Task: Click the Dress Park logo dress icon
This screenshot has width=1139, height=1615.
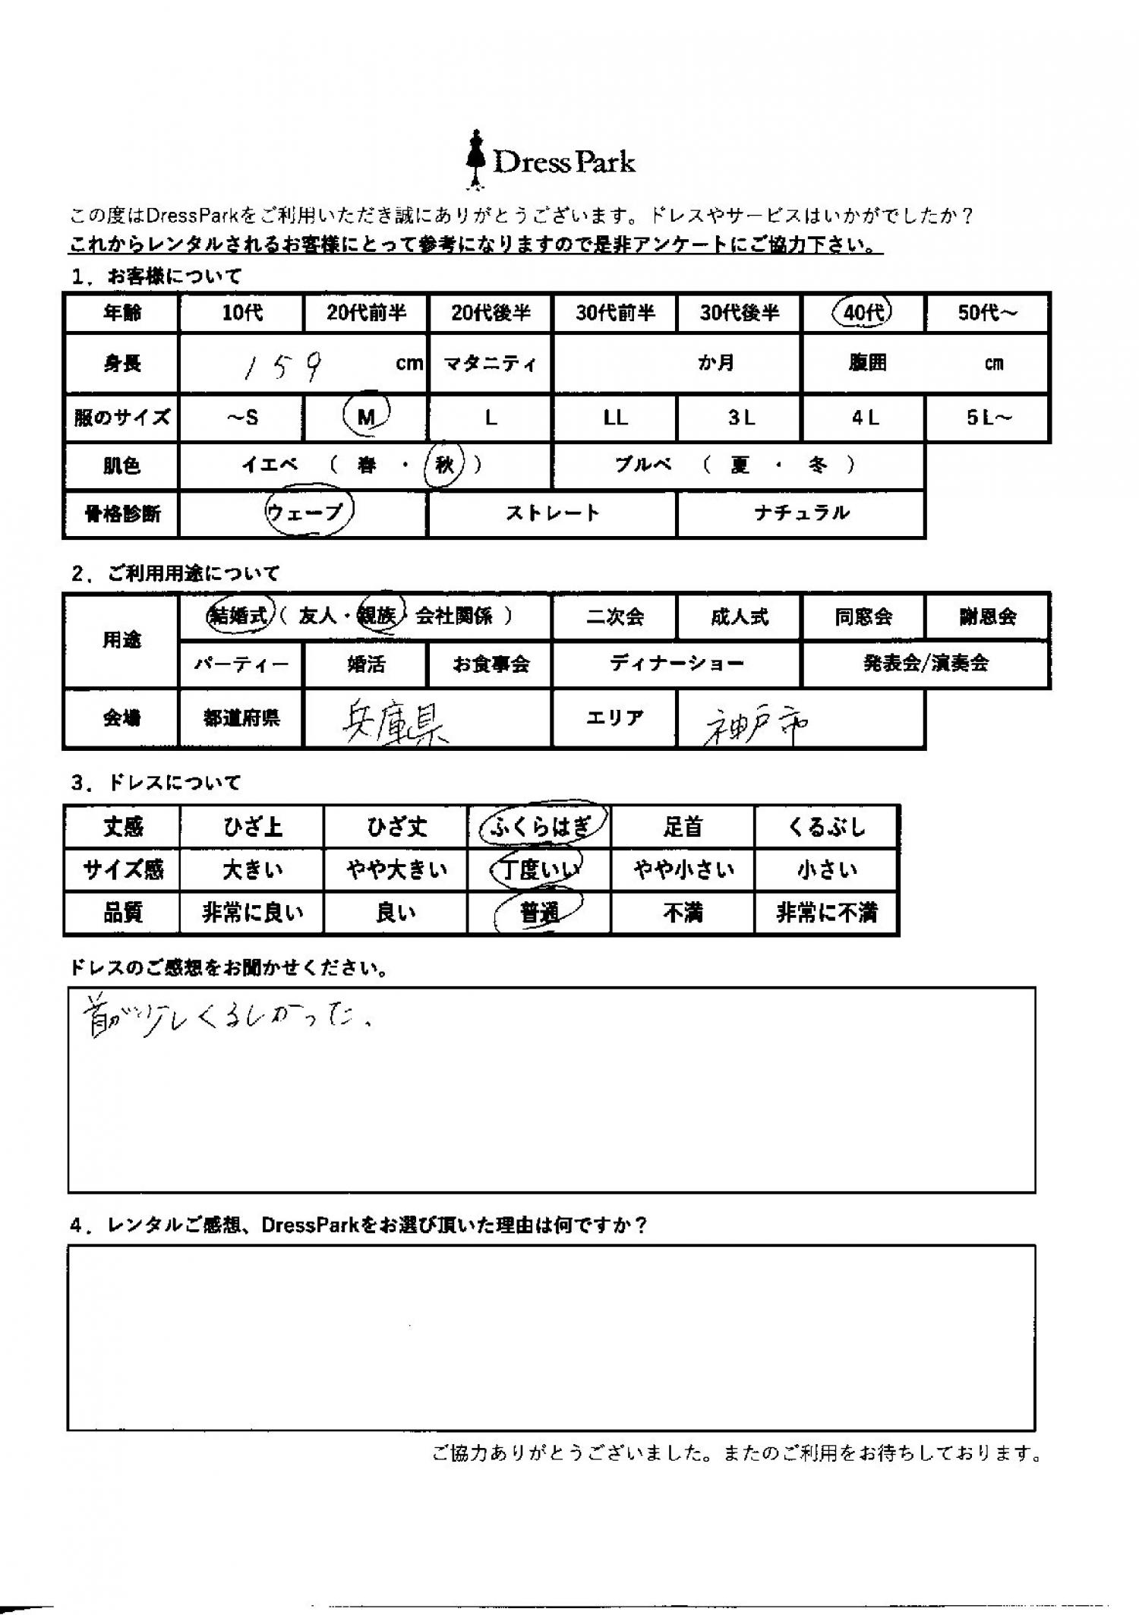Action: [476, 160]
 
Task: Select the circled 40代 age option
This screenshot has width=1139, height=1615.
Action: [863, 312]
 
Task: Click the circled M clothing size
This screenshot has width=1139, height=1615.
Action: [367, 417]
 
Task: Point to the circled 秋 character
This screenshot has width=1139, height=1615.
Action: [445, 465]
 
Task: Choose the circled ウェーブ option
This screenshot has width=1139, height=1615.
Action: [308, 513]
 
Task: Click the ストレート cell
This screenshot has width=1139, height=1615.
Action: [552, 513]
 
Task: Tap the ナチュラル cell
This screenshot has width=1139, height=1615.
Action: [801, 513]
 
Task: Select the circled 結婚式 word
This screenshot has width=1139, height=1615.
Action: [238, 616]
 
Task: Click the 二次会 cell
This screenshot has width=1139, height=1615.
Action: [614, 616]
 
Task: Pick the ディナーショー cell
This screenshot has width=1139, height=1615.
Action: [677, 664]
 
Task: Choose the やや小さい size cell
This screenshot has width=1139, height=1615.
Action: [683, 869]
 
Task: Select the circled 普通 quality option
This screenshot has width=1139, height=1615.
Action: [539, 912]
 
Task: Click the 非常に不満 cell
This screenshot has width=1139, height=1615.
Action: [826, 912]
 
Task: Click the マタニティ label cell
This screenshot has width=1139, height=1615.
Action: [491, 364]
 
